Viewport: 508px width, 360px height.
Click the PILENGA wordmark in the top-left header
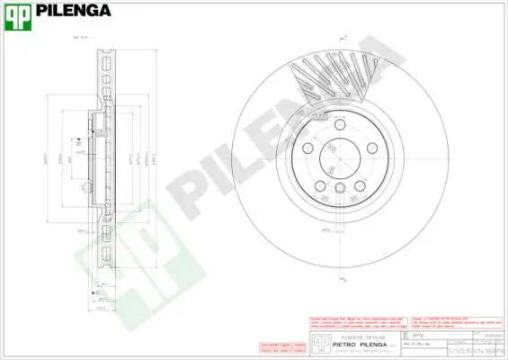73,11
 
